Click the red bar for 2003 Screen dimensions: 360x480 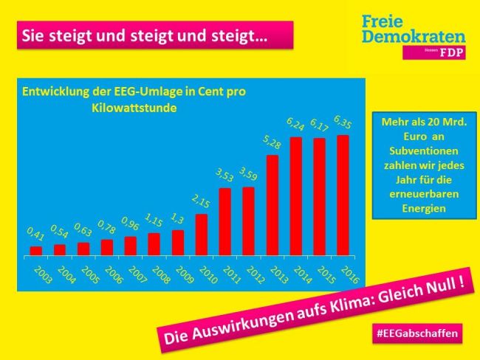(x=35, y=251)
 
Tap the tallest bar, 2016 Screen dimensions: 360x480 (x=343, y=195)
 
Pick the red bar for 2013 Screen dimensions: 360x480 (x=272, y=205)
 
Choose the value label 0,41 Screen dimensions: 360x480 (x=35, y=235)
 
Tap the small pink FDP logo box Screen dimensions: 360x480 (x=434, y=53)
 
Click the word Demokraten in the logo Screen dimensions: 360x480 (x=414, y=36)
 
